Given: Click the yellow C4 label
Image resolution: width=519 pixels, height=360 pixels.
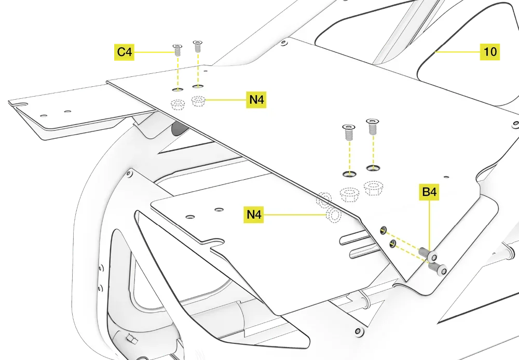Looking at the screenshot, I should point(125,52).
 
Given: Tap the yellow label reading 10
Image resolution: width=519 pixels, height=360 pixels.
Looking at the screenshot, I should point(490,52).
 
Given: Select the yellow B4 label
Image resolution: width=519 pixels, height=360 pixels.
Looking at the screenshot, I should point(430,193).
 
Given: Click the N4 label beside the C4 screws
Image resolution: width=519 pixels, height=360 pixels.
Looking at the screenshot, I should point(256,100).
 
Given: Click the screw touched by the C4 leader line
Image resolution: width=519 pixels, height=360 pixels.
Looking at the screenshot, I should point(177,51).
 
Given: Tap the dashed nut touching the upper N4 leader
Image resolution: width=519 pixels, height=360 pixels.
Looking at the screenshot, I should point(198,101).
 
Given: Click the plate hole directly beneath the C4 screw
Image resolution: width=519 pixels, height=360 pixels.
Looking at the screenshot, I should point(177,89).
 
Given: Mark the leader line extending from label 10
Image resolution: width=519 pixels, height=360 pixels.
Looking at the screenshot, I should point(457,52).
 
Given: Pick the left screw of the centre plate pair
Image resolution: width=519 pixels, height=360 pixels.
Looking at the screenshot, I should point(348,133).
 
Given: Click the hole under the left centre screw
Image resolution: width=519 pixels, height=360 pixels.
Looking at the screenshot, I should point(349,173).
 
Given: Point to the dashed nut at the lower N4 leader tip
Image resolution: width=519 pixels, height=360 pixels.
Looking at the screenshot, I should point(332,215).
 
